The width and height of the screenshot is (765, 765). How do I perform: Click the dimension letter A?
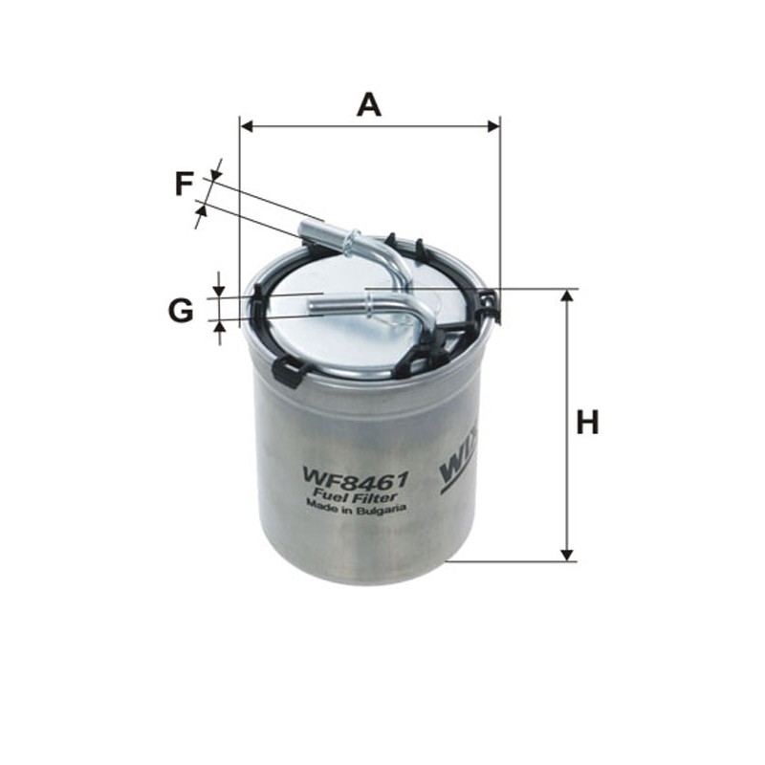(368, 103)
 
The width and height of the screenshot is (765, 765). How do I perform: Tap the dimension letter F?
(184, 183)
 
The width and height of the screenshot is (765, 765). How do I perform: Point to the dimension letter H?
(587, 422)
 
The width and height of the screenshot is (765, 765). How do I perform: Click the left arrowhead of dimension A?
(246, 125)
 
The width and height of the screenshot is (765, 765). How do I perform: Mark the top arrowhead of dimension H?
(567, 295)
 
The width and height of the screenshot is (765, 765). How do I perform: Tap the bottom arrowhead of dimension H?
(567, 554)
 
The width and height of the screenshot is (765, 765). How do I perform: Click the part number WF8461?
(355, 474)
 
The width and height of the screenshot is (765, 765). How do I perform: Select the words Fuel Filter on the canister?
(355, 493)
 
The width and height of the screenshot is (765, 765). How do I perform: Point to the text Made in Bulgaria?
(356, 509)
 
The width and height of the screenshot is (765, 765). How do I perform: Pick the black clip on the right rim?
(489, 305)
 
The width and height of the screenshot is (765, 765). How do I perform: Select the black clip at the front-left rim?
(287, 370)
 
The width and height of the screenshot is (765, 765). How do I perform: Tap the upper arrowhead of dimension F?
(214, 174)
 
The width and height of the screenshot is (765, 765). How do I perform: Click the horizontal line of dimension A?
(369, 125)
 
